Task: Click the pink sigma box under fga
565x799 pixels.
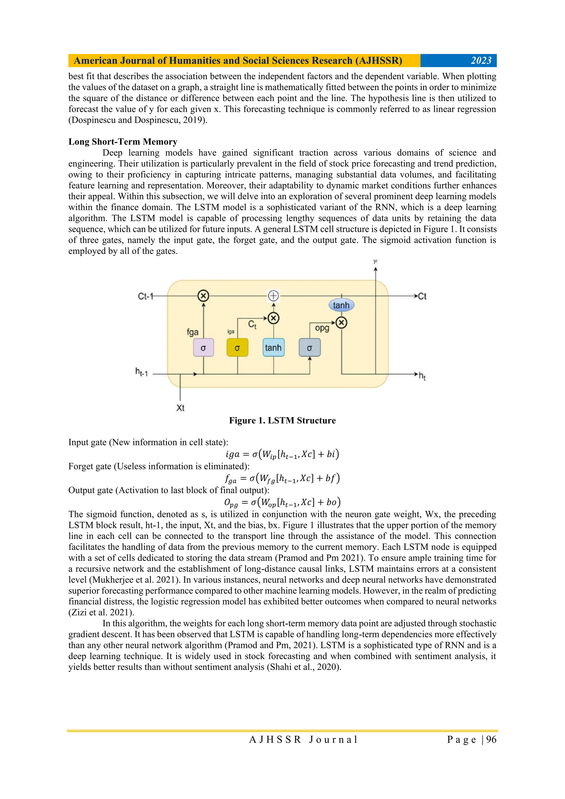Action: pyautogui.click(x=203, y=347)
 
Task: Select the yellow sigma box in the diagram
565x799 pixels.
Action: pyautogui.click(x=238, y=347)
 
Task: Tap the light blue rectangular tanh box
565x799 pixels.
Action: pyautogui.click(x=273, y=347)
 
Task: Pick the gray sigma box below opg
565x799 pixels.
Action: pyautogui.click(x=310, y=347)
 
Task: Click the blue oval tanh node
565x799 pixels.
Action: pyautogui.click(x=341, y=305)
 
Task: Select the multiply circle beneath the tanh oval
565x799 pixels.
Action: pyautogui.click(x=342, y=323)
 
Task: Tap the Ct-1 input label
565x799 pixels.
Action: pyautogui.click(x=145, y=296)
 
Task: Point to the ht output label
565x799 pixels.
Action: pyautogui.click(x=422, y=376)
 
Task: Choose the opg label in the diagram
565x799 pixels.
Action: pyautogui.click(x=322, y=328)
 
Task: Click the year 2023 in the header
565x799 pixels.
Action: pyautogui.click(x=481, y=61)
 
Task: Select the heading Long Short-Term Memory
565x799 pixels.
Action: pyautogui.click(x=123, y=142)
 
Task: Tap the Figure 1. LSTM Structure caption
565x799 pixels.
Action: pyautogui.click(x=282, y=420)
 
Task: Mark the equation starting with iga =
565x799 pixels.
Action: pyautogui.click(x=282, y=454)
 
